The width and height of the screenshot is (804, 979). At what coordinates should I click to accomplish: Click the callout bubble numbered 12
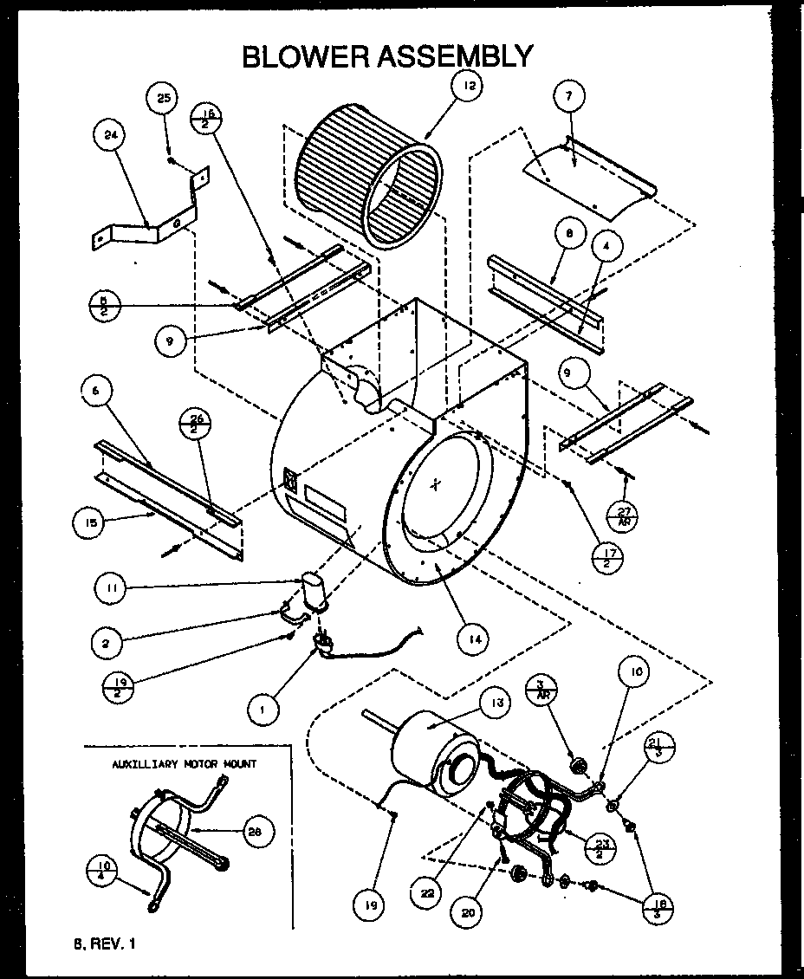(x=470, y=87)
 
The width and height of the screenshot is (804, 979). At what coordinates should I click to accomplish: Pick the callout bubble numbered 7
(x=568, y=97)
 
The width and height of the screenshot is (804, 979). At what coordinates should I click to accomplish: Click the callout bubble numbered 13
(x=496, y=703)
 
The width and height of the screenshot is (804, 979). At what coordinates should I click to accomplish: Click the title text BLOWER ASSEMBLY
(x=387, y=56)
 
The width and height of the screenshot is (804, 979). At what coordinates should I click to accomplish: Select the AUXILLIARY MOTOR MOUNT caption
(x=185, y=764)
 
